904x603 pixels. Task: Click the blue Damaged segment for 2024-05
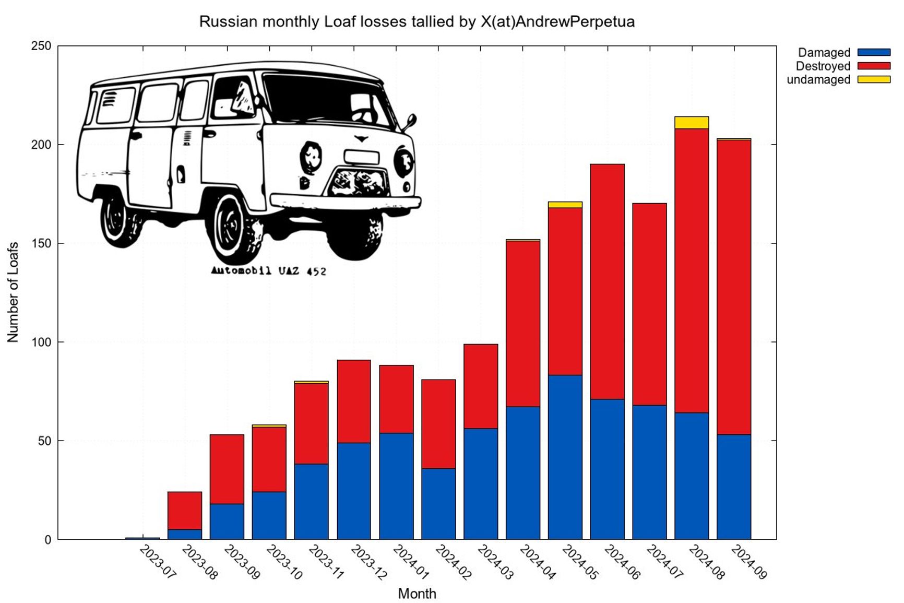[565, 457]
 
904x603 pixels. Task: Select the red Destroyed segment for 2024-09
[733, 287]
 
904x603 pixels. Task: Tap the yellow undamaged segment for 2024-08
[691, 123]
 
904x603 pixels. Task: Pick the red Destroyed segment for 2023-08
[184, 511]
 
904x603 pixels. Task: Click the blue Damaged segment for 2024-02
[438, 504]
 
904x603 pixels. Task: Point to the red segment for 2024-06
[607, 282]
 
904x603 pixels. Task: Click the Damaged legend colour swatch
[874, 53]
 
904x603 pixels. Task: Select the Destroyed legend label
[823, 66]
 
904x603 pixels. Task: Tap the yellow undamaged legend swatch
[874, 80]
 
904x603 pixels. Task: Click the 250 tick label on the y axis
[41, 46]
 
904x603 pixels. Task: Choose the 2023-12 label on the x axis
[368, 562]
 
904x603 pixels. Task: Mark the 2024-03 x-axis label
[495, 562]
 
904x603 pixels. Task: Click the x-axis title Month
[417, 594]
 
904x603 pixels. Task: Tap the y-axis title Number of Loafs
[13, 292]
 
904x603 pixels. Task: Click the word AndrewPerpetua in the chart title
[575, 22]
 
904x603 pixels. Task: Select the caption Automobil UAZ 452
[268, 270]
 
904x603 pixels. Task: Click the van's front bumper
[344, 202]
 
